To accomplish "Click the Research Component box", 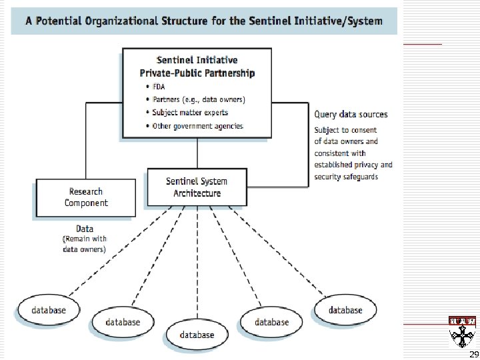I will (86, 197).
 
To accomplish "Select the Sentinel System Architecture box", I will (197, 187).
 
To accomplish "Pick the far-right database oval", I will (345, 310).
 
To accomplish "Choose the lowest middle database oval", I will (197, 334).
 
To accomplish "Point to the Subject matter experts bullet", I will (190, 113).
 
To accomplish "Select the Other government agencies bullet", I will (197, 126).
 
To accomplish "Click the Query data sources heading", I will (351, 114).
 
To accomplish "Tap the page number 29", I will (474, 354).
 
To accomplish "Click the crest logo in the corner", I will (462, 330).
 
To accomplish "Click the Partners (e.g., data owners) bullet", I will (199, 100).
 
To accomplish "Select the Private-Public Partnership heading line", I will (197, 73).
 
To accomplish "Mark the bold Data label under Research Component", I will (85, 229).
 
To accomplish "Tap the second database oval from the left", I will (123, 322).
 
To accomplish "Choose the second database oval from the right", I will (272, 322).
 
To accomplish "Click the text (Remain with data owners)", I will (85, 244).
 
